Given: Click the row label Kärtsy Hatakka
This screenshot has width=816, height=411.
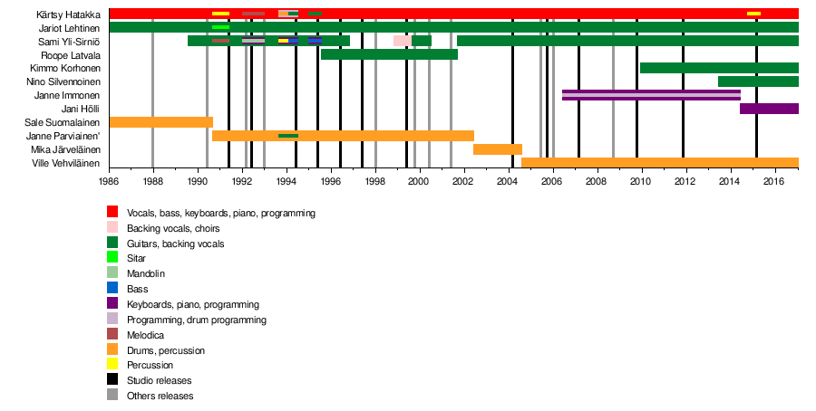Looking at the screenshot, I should point(69,14).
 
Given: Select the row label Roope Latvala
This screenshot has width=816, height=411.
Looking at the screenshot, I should point(72,54).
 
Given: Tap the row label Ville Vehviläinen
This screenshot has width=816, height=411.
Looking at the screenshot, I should point(65,163).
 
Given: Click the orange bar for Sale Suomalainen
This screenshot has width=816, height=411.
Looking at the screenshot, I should point(160,122).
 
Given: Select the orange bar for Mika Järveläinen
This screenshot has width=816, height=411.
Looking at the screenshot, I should point(498,149).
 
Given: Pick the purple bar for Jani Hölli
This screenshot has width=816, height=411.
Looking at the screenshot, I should point(769,109).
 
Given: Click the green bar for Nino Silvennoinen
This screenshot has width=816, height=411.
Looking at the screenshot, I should point(758,81).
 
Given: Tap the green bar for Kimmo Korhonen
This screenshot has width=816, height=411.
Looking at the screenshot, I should point(719,68).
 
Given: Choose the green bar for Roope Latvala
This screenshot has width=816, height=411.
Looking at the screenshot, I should point(389,54).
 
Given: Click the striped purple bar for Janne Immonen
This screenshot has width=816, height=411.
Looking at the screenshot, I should point(651,95).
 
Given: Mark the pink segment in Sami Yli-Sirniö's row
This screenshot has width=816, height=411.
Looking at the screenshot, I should point(402,41).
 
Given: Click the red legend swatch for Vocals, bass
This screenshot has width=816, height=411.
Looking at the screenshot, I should point(112,213).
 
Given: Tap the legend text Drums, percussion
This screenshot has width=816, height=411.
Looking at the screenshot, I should point(165,350).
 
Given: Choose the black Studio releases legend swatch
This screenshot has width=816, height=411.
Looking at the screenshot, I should point(112,380).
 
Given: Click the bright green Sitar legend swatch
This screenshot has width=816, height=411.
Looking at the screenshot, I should point(112,259).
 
